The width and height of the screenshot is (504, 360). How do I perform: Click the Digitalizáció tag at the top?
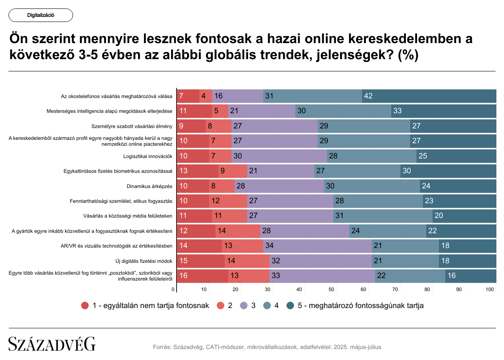tap(41, 15)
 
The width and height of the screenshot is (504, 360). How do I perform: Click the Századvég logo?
tap(52, 344)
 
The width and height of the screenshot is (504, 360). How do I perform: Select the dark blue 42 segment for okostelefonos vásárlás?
tap(429, 96)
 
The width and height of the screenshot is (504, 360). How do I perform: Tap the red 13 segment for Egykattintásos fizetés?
tap(197, 171)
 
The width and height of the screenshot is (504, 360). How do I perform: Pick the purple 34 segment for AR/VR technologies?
tap(317, 246)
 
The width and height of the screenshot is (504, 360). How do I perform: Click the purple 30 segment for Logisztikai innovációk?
tap(279, 156)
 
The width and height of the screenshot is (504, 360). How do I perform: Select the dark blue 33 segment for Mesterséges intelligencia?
tap(444, 111)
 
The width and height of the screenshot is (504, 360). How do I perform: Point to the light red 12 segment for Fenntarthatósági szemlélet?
tap(228, 201)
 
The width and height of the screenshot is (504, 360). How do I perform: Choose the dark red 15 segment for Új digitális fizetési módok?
tap(200, 261)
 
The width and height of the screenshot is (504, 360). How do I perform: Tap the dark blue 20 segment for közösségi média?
tap(464, 216)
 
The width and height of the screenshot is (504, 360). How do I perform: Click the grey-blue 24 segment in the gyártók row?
tap(388, 231)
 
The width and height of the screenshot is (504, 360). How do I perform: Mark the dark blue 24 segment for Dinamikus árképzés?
tap(458, 186)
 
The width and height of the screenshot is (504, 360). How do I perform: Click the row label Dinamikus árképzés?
tap(150, 186)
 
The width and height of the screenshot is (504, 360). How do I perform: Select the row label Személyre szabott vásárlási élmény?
tap(132, 126)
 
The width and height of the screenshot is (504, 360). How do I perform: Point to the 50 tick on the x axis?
tap(332, 289)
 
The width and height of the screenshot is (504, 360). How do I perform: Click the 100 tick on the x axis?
tap(490, 289)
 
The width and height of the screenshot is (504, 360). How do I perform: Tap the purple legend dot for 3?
tap(244, 305)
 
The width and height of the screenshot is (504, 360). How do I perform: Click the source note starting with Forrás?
tap(267, 347)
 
